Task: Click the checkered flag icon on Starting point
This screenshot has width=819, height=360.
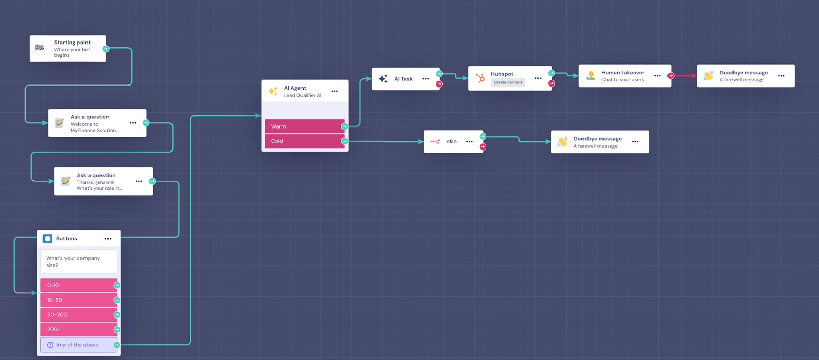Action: click(39, 48)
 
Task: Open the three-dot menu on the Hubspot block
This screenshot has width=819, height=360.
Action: click(538, 78)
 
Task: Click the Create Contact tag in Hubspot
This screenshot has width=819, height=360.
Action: click(508, 82)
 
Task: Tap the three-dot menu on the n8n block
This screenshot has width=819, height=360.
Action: click(469, 141)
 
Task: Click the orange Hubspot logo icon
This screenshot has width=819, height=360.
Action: click(480, 78)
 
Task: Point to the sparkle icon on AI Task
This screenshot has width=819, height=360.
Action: click(383, 79)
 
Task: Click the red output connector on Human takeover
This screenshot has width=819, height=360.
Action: click(671, 76)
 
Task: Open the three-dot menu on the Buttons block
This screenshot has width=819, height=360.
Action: click(108, 239)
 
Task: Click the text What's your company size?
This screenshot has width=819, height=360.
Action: click(73, 262)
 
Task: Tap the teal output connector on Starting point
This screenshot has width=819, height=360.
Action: click(106, 49)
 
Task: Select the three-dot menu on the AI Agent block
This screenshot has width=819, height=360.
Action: click(334, 91)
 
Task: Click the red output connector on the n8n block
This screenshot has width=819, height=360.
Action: click(483, 147)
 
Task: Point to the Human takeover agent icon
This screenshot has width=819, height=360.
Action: click(591, 76)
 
